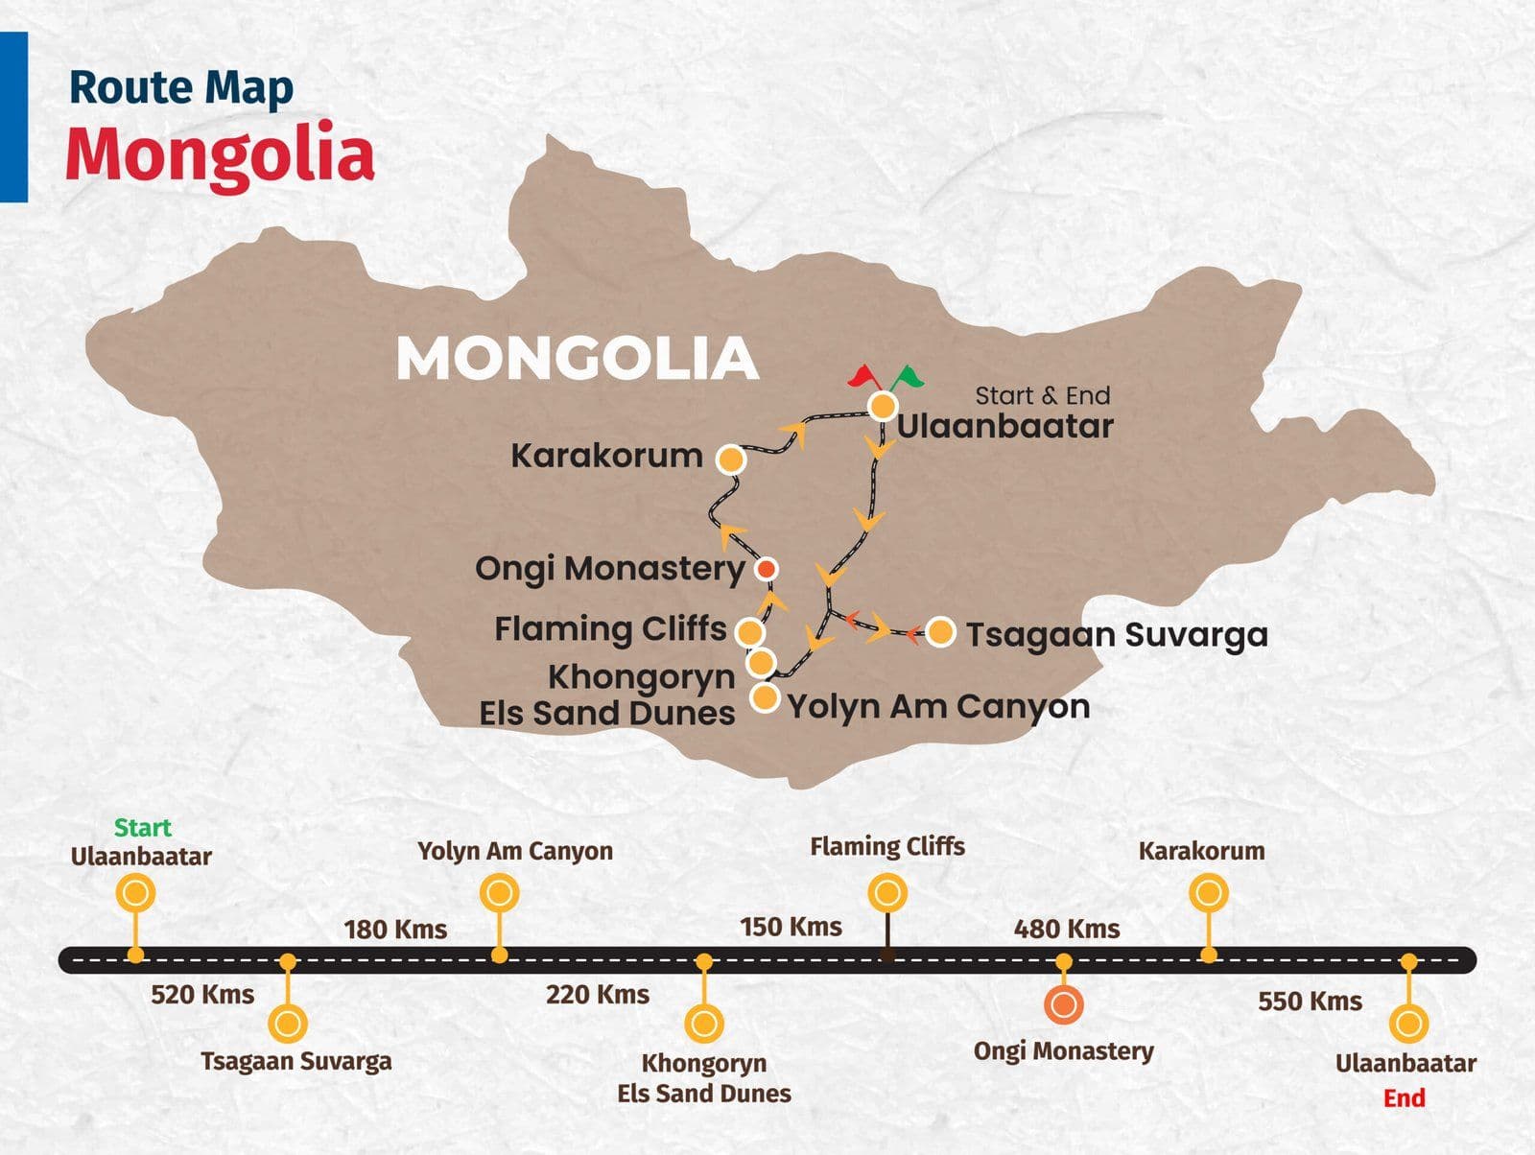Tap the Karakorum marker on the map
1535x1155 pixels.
731,460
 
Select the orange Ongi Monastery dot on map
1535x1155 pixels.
766,570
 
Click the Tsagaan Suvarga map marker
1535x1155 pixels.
941,632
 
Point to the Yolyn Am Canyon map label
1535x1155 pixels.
938,707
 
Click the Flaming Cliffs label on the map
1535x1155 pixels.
610,629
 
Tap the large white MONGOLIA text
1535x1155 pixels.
578,359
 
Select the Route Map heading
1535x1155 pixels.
180,87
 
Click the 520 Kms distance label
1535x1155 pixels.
202,995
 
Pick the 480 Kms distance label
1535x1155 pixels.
1067,929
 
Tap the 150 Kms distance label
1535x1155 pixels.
791,927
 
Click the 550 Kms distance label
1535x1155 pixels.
1310,1002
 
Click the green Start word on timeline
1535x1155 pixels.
142,828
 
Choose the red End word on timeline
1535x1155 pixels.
1404,1098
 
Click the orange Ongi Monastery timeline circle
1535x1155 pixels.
1063,1005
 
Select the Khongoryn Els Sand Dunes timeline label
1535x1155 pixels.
704,1078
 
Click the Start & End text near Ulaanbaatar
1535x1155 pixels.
1043,395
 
